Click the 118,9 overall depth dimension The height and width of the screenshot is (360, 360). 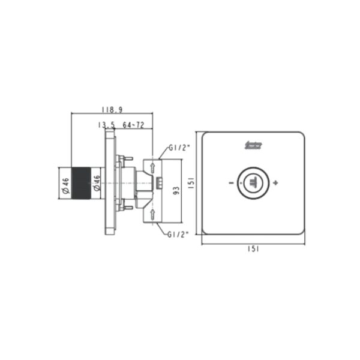coord(112,109)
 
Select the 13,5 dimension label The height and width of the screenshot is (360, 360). coord(106,125)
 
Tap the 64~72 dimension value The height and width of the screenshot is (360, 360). coord(133,125)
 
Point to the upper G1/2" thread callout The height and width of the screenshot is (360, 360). coord(179,146)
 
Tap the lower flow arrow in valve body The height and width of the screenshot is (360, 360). coord(154,212)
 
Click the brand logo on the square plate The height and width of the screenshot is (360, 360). coord(256,145)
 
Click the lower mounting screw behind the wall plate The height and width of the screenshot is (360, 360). coord(125,208)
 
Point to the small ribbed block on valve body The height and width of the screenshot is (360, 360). coord(160,183)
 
